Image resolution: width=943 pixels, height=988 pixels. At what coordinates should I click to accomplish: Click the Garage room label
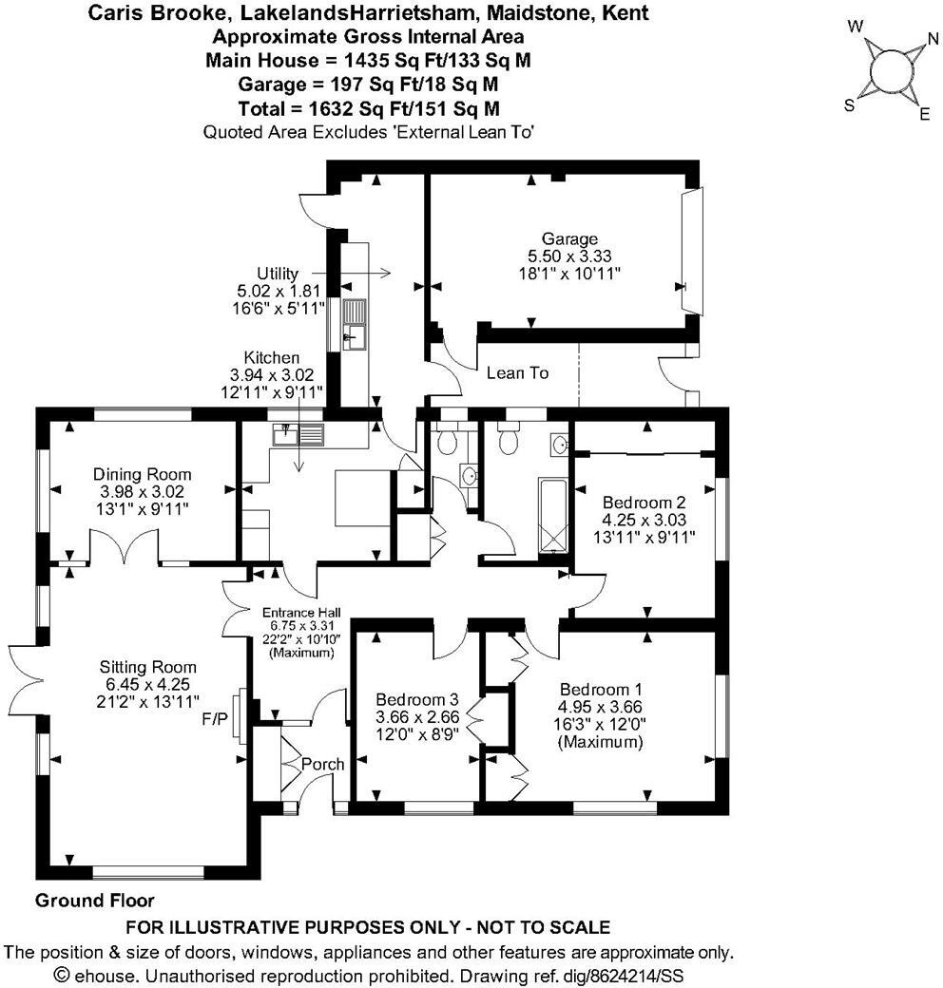point(569,238)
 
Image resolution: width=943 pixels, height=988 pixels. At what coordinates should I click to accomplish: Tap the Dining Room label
point(142,474)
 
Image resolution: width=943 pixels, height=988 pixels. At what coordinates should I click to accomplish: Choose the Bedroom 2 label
point(644,502)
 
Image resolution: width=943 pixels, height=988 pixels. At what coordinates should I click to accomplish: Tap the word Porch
point(322,764)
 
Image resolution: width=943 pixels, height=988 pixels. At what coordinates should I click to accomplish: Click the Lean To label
point(517,373)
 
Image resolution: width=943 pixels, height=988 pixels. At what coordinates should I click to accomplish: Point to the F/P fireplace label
point(216,719)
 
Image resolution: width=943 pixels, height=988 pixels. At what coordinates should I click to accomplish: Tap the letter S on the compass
point(850,106)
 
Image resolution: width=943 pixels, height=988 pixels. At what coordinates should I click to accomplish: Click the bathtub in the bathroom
point(552,515)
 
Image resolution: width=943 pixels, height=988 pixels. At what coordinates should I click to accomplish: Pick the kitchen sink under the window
point(298,435)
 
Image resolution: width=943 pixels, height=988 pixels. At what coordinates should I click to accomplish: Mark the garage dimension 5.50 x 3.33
point(569,256)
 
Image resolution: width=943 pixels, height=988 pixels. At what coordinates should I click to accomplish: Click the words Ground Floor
point(94,900)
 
